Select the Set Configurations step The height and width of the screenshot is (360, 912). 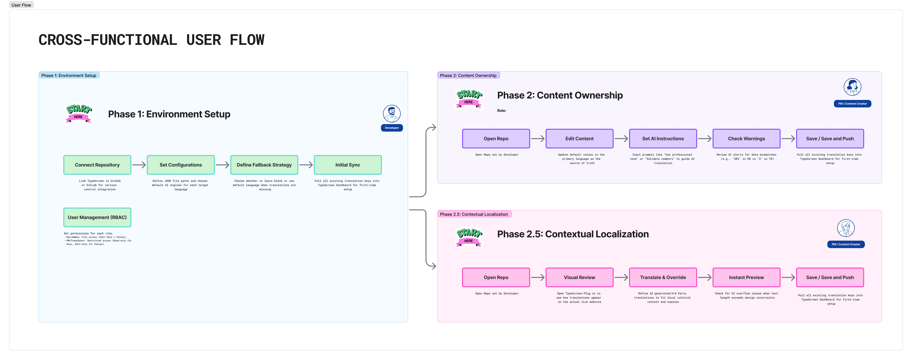click(181, 165)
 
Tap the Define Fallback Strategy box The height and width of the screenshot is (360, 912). click(264, 165)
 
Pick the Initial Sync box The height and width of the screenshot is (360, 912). click(348, 165)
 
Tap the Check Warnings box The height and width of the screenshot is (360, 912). click(746, 139)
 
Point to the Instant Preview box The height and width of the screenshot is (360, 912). click(746, 277)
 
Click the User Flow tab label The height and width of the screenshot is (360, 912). click(21, 5)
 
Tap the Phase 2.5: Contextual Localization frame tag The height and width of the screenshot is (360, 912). click(474, 214)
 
